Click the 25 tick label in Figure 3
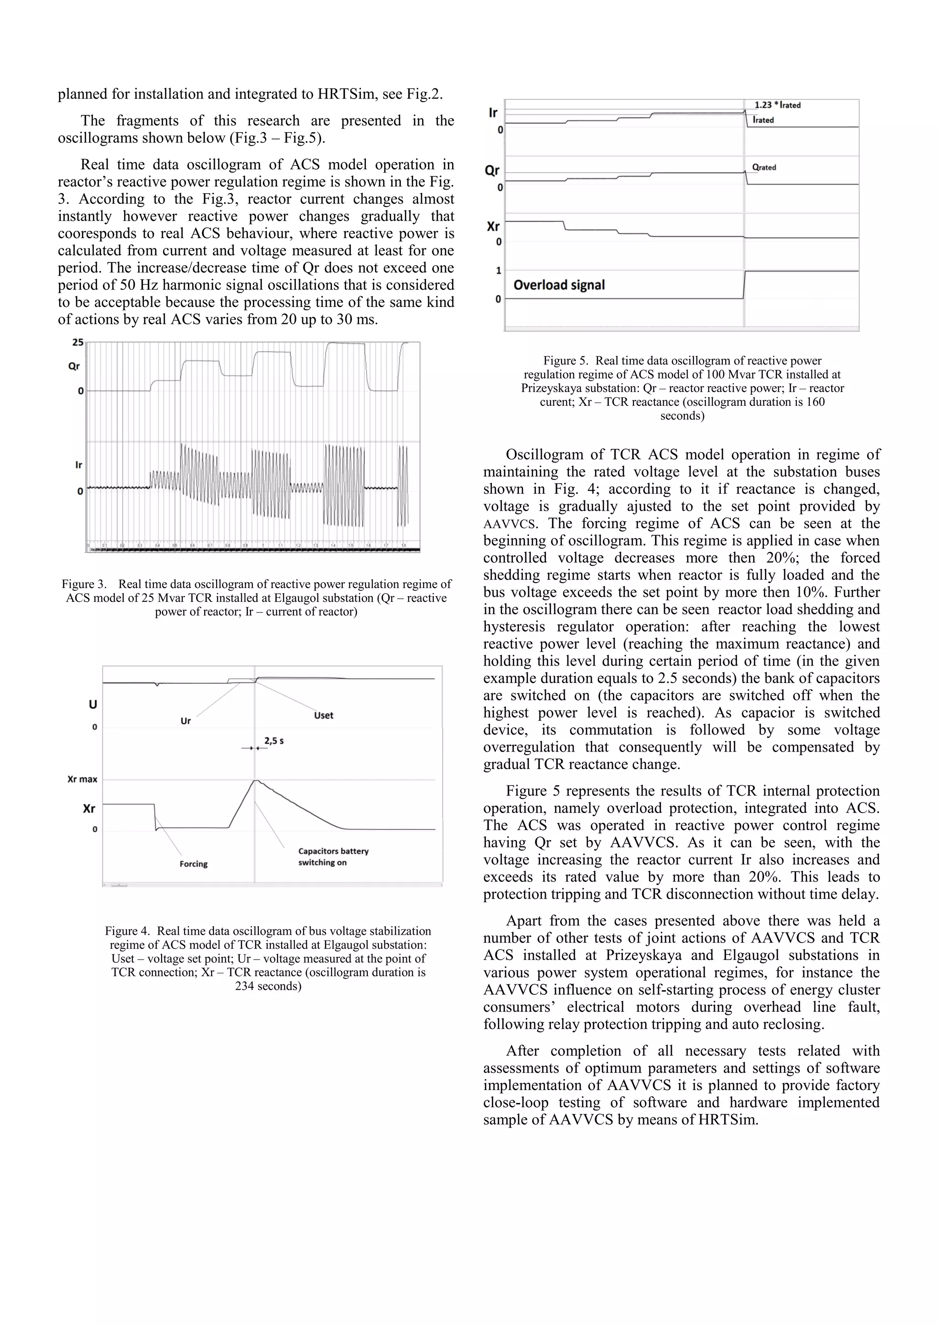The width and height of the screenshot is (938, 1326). coord(77,343)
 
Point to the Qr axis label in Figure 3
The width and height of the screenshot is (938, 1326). coord(74,366)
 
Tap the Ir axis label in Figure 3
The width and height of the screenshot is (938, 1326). coord(79,465)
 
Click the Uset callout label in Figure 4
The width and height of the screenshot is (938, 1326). coord(323,715)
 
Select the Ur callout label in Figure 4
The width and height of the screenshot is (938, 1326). coord(185,721)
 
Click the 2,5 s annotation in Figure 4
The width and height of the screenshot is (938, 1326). coord(274,741)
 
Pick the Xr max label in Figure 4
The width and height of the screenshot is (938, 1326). coord(82,779)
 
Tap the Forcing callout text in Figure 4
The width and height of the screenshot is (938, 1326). coord(193,864)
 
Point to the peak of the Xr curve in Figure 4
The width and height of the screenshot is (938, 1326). coord(255,781)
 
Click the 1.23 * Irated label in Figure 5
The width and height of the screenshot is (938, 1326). coord(777,105)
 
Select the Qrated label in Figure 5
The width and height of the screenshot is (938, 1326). coord(763,168)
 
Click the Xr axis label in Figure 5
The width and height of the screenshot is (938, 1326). coord(493,226)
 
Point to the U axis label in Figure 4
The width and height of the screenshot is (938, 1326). coord(93,704)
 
